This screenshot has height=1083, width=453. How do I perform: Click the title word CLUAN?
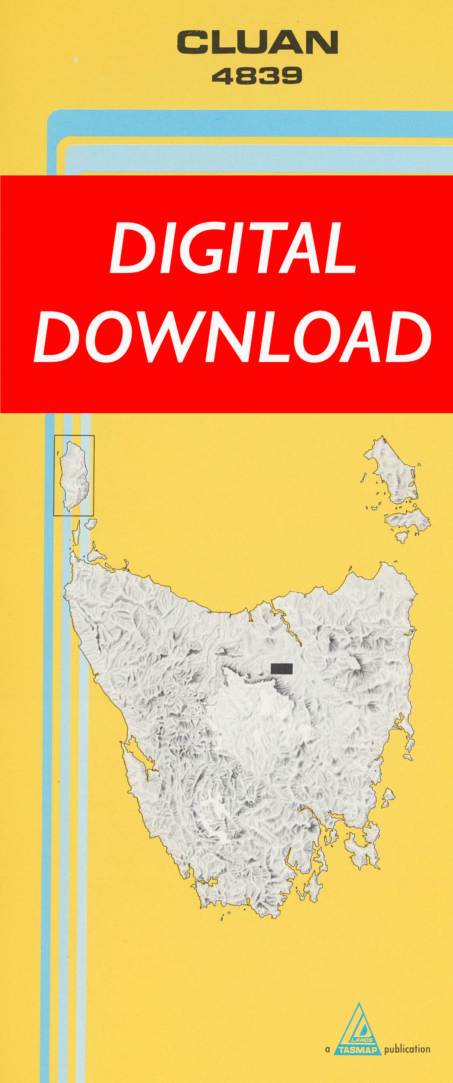257,42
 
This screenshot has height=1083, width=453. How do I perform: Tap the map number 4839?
257,76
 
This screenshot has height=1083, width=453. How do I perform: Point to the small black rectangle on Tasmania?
281,668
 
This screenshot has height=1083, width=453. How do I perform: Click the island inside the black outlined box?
75,475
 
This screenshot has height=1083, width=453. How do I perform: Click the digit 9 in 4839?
291,76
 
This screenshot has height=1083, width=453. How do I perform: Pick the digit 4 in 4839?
223,76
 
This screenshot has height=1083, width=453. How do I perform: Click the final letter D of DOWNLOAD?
408,337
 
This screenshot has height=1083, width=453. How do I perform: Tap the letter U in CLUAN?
254,42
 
